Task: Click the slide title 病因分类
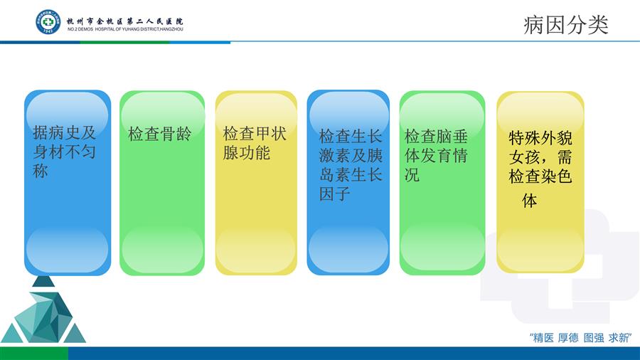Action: click(566, 25)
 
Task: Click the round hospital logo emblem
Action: click(48, 22)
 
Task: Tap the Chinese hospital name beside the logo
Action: click(125, 21)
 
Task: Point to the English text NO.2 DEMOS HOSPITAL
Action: click(125, 29)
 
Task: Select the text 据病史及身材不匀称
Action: click(64, 152)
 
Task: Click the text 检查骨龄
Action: click(159, 134)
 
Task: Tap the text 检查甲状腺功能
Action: click(255, 143)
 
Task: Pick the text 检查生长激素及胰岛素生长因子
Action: click(351, 165)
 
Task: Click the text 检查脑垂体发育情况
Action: click(436, 156)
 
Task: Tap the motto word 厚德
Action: click(568, 338)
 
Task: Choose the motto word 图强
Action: click(594, 338)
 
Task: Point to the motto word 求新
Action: click(619, 338)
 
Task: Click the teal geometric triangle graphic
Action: click(43, 309)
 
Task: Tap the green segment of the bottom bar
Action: click(34, 354)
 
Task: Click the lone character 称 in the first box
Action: click(41, 171)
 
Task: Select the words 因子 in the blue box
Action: click(335, 194)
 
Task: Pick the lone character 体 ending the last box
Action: click(529, 201)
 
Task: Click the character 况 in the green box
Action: click(412, 175)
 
